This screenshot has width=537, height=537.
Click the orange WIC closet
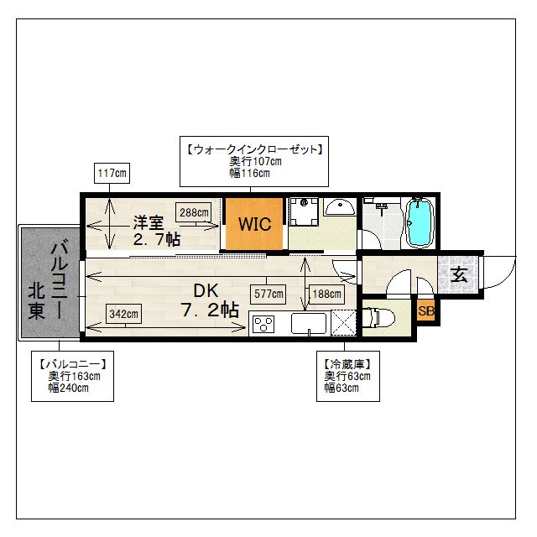pyautogui.click(x=254, y=224)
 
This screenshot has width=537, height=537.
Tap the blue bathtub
pyautogui.click(x=420, y=223)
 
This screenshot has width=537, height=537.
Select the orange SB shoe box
pyautogui.click(x=425, y=310)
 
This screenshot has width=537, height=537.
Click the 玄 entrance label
pyautogui.click(x=459, y=274)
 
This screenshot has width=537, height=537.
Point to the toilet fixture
pyautogui.click(x=378, y=318)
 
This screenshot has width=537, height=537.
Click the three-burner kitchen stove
pyautogui.click(x=263, y=324)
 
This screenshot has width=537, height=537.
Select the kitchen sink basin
pyautogui.click(x=309, y=324)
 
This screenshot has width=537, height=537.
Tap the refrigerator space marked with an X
pyautogui.click(x=344, y=323)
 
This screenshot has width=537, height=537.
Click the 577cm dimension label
pyautogui.click(x=268, y=294)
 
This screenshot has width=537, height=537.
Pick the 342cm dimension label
pyautogui.click(x=123, y=314)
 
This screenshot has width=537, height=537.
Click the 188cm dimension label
pyautogui.click(x=326, y=294)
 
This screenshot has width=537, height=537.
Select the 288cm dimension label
pyautogui.click(x=194, y=212)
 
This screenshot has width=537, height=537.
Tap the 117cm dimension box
pyautogui.click(x=112, y=173)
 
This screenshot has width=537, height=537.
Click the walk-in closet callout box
pyautogui.click(x=254, y=161)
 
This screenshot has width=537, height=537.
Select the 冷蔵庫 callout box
pyautogui.click(x=348, y=376)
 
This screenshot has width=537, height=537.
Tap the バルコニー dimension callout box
pyautogui.click(x=73, y=376)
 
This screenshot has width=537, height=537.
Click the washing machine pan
pyautogui.click(x=304, y=211)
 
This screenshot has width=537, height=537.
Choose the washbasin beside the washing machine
pyautogui.click(x=340, y=207)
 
